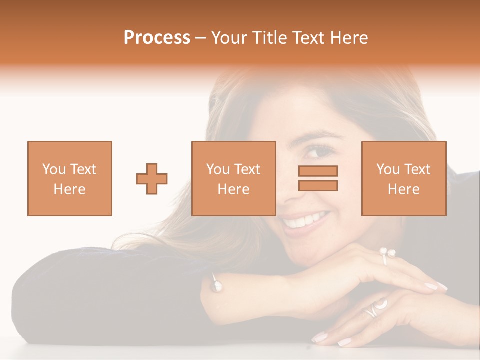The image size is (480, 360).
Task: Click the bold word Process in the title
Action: click(157, 38)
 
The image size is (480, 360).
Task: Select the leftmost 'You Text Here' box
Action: click(69, 178)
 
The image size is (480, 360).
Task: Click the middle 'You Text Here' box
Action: click(233, 178)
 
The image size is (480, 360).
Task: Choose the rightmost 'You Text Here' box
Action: click(403, 178)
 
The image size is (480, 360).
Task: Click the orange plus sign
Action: click(152, 179)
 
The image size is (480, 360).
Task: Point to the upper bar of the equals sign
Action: click(318, 171)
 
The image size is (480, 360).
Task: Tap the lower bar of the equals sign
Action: click(318, 185)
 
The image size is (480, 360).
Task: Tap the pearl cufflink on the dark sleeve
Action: click(217, 285)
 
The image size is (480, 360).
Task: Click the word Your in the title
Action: click(227, 38)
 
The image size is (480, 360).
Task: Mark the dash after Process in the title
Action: click(200, 38)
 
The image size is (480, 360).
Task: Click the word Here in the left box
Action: click(69, 189)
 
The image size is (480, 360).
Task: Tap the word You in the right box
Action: click(387, 169)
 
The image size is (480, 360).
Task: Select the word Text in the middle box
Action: click(247, 169)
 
